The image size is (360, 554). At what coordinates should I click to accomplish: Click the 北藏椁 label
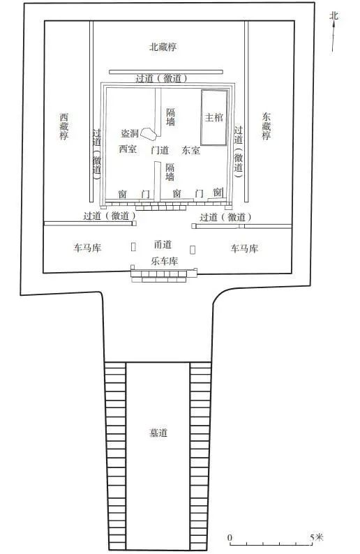[163, 47]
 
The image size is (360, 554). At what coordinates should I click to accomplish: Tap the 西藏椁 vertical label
[64, 126]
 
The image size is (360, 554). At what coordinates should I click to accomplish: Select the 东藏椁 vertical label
[267, 126]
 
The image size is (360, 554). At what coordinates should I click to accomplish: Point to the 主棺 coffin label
[214, 117]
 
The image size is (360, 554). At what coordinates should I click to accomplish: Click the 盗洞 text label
[130, 133]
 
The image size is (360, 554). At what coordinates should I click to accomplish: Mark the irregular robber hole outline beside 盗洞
[149, 133]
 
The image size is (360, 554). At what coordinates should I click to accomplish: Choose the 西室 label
[128, 149]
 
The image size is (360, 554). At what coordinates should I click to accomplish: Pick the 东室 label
[190, 150]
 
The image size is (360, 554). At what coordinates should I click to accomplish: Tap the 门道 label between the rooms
[160, 150]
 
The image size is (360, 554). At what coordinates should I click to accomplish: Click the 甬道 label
[163, 244]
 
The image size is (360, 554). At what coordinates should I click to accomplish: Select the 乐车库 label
[164, 261]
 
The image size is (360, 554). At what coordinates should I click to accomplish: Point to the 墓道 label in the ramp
[158, 433]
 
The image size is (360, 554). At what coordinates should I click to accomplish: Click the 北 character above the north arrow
[333, 16]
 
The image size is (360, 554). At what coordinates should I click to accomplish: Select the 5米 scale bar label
[317, 537]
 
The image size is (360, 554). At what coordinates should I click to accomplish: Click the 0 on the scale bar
[230, 538]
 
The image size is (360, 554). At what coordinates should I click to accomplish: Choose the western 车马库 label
[87, 248]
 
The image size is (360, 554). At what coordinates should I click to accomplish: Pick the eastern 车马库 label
[244, 248]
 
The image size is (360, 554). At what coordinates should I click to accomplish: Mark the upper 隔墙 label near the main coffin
[171, 117]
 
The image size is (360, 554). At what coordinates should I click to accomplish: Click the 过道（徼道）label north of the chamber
[161, 78]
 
